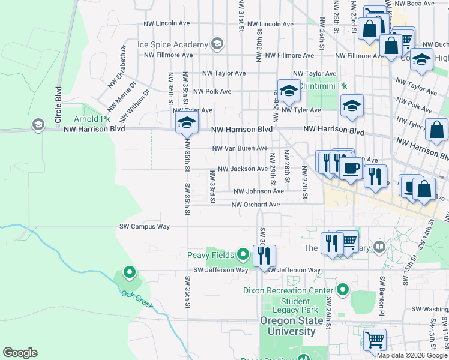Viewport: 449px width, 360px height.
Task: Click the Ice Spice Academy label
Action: tap(172, 44)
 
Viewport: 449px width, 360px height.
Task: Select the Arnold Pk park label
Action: tap(91, 119)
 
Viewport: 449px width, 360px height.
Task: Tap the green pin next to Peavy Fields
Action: tap(243, 255)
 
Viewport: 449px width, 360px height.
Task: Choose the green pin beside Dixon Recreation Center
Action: tap(342, 290)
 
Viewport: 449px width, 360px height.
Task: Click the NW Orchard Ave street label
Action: tap(256, 204)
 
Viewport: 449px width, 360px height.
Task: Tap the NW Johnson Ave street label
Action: tap(259, 191)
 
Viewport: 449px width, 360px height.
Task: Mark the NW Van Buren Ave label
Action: tap(240, 148)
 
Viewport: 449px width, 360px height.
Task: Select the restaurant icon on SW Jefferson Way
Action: tap(264, 255)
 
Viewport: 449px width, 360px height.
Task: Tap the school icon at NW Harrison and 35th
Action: tap(187, 123)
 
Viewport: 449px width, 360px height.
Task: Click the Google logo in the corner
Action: tap(20, 353)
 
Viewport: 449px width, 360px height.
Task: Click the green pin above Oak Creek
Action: tap(129, 273)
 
